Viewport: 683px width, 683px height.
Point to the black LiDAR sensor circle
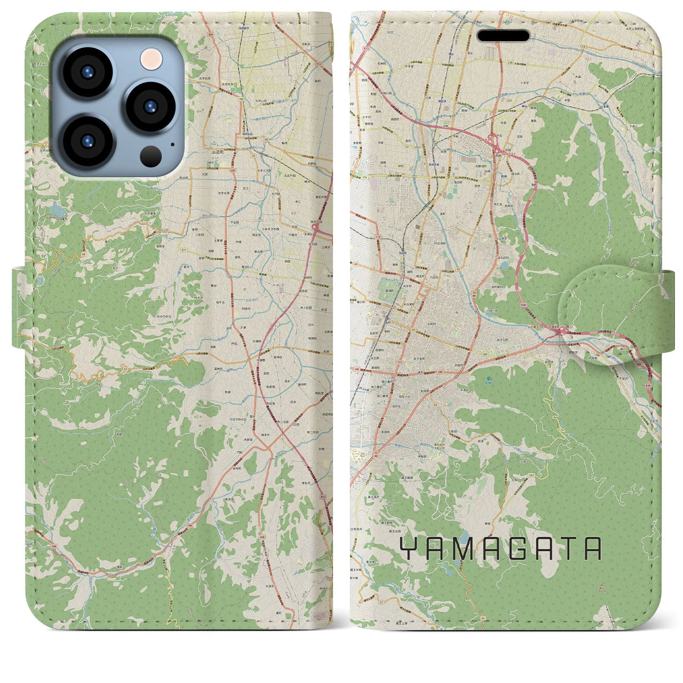pos(151,156)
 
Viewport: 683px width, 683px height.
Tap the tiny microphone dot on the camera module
pos(172,144)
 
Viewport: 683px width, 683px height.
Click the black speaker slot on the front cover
pos(503,36)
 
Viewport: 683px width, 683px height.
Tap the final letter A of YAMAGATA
pos(592,549)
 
